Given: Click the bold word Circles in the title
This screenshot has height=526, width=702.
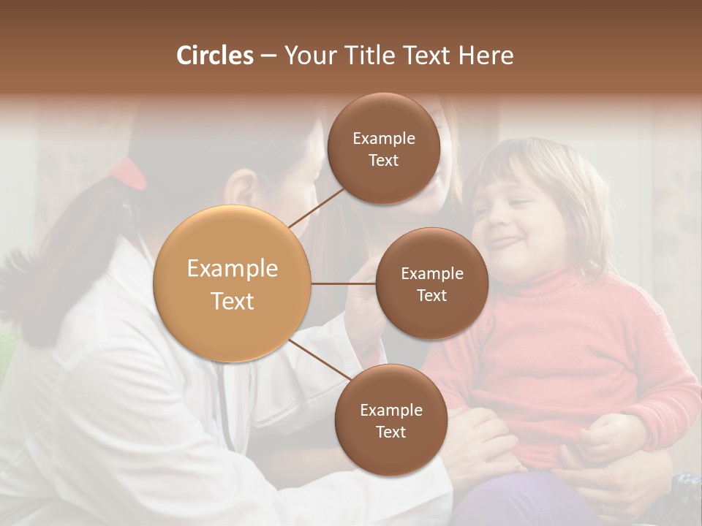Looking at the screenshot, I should (x=214, y=56).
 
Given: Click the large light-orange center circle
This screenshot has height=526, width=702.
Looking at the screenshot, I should (x=233, y=284).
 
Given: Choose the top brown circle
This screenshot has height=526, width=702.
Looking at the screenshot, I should (x=383, y=149).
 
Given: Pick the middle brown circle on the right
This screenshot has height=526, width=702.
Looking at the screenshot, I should (x=431, y=284).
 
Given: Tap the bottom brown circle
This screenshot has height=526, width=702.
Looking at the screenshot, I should (x=390, y=420).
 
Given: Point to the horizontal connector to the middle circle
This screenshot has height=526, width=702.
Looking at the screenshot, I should (x=344, y=283).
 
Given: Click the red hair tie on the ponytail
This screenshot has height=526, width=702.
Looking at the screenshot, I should (x=128, y=173).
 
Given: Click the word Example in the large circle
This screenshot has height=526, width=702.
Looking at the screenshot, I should (x=233, y=269).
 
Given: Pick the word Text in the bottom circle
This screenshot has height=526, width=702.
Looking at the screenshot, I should (x=390, y=432).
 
